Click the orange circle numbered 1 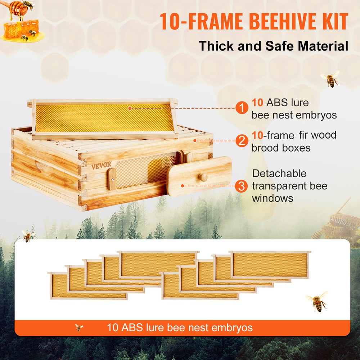[x=242, y=108]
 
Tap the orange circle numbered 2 [x=242, y=140]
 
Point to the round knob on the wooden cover [x=204, y=177]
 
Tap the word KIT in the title [x=333, y=22]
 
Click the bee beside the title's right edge [x=330, y=79]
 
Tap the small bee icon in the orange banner [x=79, y=328]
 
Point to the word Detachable [x=279, y=174]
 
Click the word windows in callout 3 [x=273, y=198]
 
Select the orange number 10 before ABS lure [x=258, y=103]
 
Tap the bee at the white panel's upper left [x=28, y=236]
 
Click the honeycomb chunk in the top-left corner [x=22, y=29]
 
